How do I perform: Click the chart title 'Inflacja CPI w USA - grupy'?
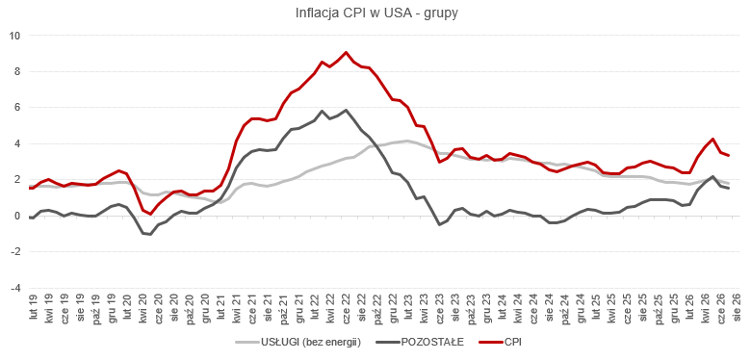pyautogui.click(x=376, y=13)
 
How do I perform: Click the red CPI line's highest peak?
pyautogui.click(x=346, y=52)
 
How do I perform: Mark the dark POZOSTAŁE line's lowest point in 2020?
pyautogui.click(x=150, y=234)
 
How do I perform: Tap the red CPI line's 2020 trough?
pyautogui.click(x=150, y=214)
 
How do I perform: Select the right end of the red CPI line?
pyautogui.click(x=728, y=155)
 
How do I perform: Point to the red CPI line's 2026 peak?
pyautogui.click(x=712, y=140)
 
